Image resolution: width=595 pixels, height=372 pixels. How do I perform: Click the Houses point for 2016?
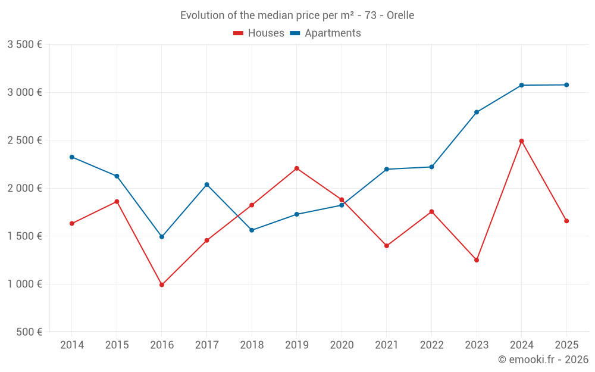162,285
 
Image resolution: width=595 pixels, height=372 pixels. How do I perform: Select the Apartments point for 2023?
477,112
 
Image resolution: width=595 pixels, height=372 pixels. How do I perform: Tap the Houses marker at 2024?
521,141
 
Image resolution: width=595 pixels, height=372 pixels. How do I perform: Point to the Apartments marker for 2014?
72,157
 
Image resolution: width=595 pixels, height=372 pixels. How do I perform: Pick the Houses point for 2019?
297,168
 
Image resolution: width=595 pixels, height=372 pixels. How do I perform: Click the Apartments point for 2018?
252,230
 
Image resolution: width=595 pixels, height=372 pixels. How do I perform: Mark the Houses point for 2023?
477,260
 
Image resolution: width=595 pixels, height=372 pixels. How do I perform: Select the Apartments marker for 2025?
566,85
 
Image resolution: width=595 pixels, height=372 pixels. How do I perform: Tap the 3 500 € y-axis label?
24,45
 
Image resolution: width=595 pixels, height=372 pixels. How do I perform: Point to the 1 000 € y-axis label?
24,284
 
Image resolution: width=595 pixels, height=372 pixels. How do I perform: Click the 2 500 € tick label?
24,140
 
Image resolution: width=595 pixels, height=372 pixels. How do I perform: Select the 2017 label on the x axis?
206,345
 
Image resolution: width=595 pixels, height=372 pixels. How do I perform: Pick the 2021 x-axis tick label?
386,345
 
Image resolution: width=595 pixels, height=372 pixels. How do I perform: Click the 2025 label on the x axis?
566,345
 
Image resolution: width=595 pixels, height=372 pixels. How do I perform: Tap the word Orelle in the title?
400,15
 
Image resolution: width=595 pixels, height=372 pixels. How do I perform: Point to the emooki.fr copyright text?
543,360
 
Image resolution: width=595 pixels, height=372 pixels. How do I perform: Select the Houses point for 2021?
387,246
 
